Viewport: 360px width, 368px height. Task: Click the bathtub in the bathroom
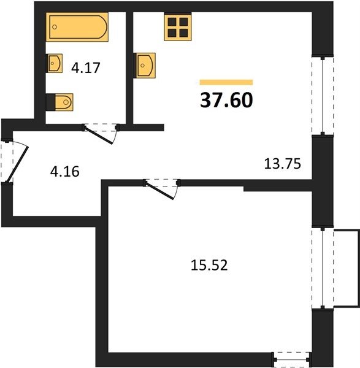(x=77, y=27)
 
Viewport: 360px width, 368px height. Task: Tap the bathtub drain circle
(x=55, y=27)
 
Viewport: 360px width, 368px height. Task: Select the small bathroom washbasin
(x=55, y=63)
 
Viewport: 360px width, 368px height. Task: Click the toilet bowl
(x=64, y=102)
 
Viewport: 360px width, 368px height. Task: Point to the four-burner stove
(x=178, y=26)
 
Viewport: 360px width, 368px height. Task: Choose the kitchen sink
(x=145, y=66)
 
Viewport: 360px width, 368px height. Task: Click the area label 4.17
(x=86, y=68)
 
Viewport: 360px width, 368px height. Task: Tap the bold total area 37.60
(x=226, y=100)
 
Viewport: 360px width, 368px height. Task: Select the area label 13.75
(x=282, y=164)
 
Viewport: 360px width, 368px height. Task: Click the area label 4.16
(x=65, y=172)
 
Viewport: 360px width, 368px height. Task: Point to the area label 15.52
(x=209, y=266)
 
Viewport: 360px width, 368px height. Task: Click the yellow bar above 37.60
(x=226, y=82)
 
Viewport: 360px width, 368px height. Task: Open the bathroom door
(x=101, y=133)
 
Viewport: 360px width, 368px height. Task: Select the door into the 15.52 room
(x=162, y=189)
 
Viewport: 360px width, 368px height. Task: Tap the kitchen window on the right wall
(x=323, y=95)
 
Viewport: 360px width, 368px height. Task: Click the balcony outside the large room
(x=347, y=268)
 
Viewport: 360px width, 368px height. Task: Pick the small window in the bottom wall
(x=291, y=359)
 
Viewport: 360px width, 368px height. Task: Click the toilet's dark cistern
(x=50, y=102)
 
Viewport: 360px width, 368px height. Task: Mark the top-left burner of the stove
(x=172, y=22)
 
